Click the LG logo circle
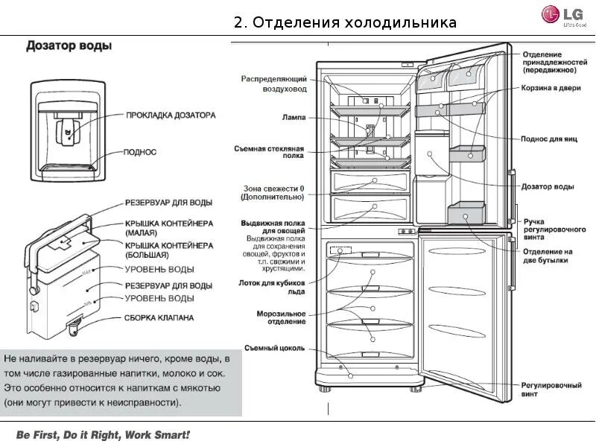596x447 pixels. pyautogui.click(x=551, y=13)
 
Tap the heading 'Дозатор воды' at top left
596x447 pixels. pyautogui.click(x=69, y=46)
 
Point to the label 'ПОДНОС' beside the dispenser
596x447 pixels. pyautogui.click(x=142, y=152)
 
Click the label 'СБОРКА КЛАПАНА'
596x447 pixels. pyautogui.click(x=159, y=317)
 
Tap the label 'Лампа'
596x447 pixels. pyautogui.click(x=294, y=117)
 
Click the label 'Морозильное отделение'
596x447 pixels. pyautogui.click(x=281, y=317)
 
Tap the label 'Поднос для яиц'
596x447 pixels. pyautogui.click(x=547, y=139)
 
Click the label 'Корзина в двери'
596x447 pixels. pyautogui.click(x=551, y=87)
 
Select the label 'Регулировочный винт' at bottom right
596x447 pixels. pyautogui.click(x=551, y=390)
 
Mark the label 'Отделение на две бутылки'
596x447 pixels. pyautogui.click(x=547, y=256)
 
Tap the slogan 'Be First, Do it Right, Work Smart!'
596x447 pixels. pyautogui.click(x=103, y=434)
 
